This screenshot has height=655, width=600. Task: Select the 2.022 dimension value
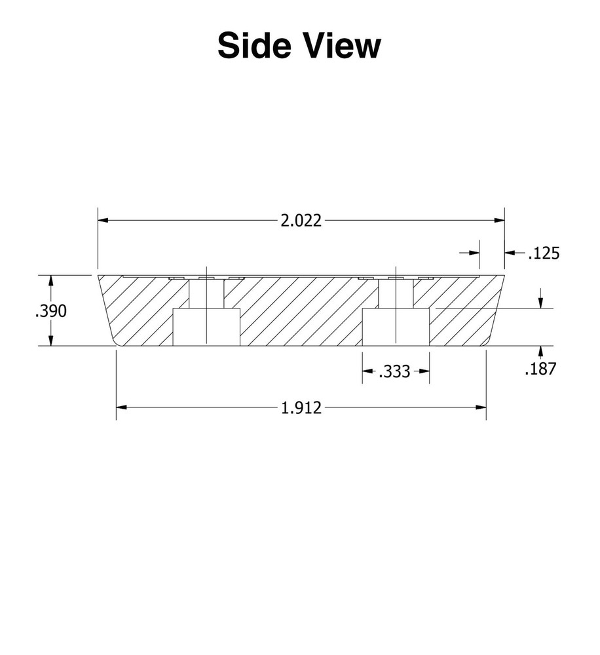click(x=301, y=221)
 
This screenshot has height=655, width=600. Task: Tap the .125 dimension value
click(x=544, y=253)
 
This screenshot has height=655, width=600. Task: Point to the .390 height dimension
click(x=51, y=311)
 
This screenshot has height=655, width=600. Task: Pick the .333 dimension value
click(x=394, y=371)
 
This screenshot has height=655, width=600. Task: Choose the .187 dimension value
click(x=540, y=368)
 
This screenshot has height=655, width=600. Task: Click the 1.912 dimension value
click(x=301, y=407)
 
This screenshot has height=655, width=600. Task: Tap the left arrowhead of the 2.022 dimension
click(x=103, y=220)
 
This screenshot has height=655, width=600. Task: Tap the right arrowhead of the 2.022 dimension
click(x=499, y=220)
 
